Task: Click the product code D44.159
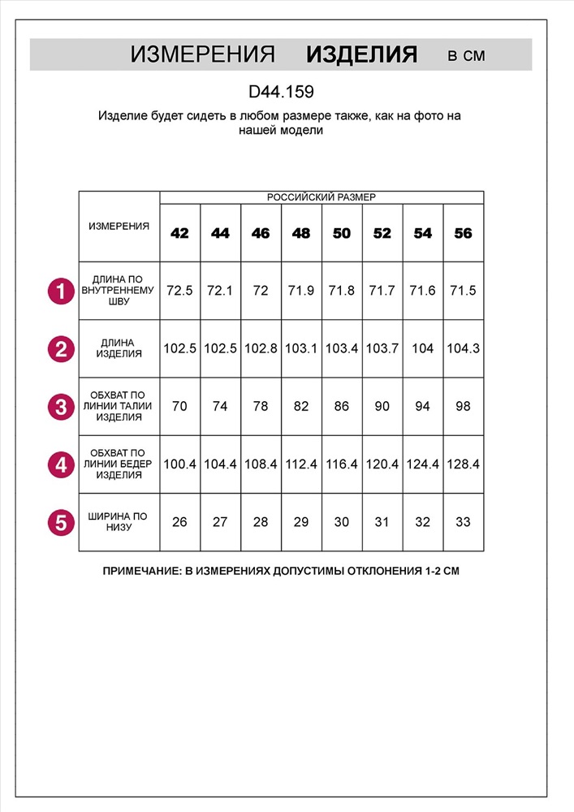point(281,93)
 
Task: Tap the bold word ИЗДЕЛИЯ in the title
point(361,55)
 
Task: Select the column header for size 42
point(179,233)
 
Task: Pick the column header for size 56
point(463,233)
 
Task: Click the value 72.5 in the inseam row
point(179,291)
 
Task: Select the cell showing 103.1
point(301,348)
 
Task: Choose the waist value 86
point(342,406)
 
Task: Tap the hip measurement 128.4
point(463,464)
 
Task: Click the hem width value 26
point(179,522)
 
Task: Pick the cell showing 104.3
point(463,348)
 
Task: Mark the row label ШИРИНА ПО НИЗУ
point(119,522)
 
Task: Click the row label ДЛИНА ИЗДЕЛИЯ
point(119,348)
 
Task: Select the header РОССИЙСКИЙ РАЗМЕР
point(322,197)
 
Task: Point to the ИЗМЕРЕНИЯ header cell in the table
point(119,226)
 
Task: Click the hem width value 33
point(463,522)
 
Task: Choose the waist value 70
point(179,406)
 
